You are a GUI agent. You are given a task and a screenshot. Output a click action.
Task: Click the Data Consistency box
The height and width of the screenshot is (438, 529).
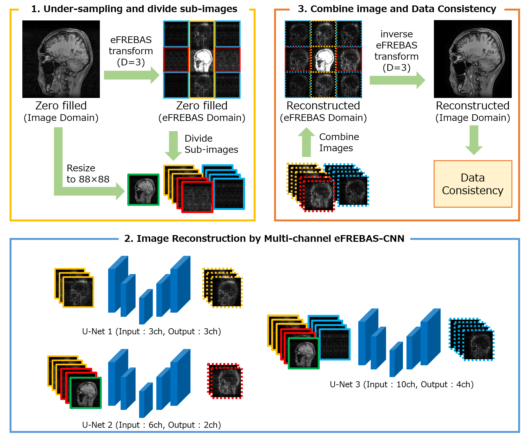(473, 184)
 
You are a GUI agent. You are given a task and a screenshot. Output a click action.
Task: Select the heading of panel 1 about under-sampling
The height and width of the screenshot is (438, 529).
(134, 9)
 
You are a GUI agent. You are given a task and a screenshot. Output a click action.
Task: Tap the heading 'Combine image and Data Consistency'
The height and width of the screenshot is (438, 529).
(397, 9)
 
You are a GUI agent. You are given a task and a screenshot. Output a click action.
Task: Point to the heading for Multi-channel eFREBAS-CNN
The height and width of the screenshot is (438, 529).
(264, 239)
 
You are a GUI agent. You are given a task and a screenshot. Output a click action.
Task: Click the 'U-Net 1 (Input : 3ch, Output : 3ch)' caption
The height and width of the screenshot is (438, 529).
(152, 331)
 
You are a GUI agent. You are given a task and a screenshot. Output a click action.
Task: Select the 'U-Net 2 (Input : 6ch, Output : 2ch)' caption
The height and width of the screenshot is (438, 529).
(152, 425)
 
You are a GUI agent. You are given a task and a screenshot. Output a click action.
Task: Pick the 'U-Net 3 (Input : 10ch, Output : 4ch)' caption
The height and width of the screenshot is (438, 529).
(402, 384)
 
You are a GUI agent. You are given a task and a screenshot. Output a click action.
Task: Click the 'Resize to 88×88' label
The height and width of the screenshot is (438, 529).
(88, 174)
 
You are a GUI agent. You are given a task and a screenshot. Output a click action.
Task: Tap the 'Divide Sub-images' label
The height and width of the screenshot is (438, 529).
(211, 144)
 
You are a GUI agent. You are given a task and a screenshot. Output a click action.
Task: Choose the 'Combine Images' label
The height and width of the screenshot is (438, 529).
(339, 142)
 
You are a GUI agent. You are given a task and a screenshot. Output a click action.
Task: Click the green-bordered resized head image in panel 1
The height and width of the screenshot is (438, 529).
(143, 189)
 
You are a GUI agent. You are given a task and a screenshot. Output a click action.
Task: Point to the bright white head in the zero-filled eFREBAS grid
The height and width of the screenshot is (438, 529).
(202, 60)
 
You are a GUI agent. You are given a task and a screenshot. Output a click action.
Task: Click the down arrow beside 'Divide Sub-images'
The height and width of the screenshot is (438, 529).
(173, 145)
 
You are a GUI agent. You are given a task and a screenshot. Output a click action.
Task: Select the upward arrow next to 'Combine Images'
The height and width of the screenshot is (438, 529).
(306, 142)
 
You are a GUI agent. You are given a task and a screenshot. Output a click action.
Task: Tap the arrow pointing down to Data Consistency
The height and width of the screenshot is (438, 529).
(474, 140)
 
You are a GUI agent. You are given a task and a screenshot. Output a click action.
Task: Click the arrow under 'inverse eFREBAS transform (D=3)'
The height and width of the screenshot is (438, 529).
(397, 80)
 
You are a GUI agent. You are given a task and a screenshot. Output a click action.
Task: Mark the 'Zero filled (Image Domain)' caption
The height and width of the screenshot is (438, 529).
(61, 111)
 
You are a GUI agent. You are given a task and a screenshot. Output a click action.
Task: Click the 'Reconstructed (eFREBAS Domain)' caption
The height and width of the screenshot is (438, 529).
(323, 111)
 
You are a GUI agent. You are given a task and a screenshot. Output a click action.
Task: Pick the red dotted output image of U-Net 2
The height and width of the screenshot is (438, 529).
(226, 381)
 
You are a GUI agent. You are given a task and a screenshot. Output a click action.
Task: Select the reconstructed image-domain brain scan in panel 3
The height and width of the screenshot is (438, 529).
(473, 59)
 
